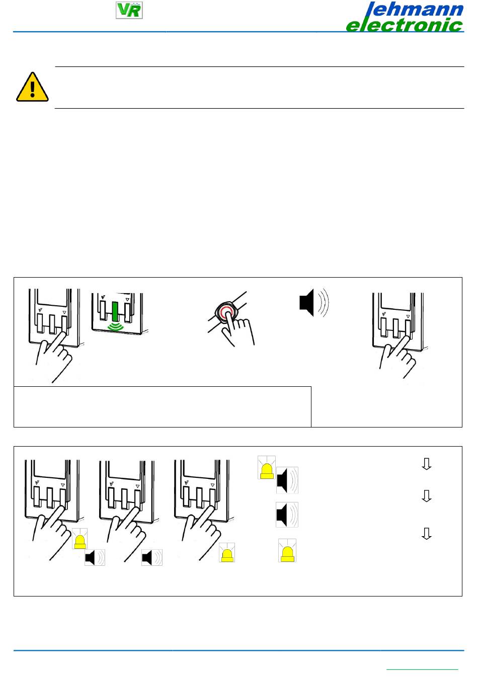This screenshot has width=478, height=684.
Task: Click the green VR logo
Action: point(129,10)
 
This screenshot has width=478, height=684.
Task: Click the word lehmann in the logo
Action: point(415,9)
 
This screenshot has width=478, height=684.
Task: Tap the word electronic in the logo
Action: point(405,25)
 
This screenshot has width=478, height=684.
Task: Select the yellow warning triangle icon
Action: point(32,87)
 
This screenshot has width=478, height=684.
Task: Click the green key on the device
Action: point(115,311)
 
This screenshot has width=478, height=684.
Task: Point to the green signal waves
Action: point(115,327)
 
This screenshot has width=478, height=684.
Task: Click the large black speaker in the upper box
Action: point(314,302)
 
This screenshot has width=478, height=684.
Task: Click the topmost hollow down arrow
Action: point(426,464)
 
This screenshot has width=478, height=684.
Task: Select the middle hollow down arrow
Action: point(426,496)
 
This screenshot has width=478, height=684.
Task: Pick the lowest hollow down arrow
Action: point(426,534)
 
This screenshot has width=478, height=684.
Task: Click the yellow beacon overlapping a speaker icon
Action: point(267,468)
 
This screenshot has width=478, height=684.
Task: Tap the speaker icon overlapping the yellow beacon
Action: point(287,480)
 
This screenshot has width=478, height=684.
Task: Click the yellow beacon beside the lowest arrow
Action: point(287,551)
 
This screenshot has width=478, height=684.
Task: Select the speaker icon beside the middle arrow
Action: point(287,515)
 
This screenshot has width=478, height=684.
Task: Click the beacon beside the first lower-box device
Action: point(79,539)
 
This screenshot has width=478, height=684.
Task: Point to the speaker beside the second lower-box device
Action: point(152,557)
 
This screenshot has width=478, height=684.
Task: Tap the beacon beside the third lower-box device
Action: point(227,552)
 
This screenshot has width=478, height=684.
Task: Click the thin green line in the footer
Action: point(422,669)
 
